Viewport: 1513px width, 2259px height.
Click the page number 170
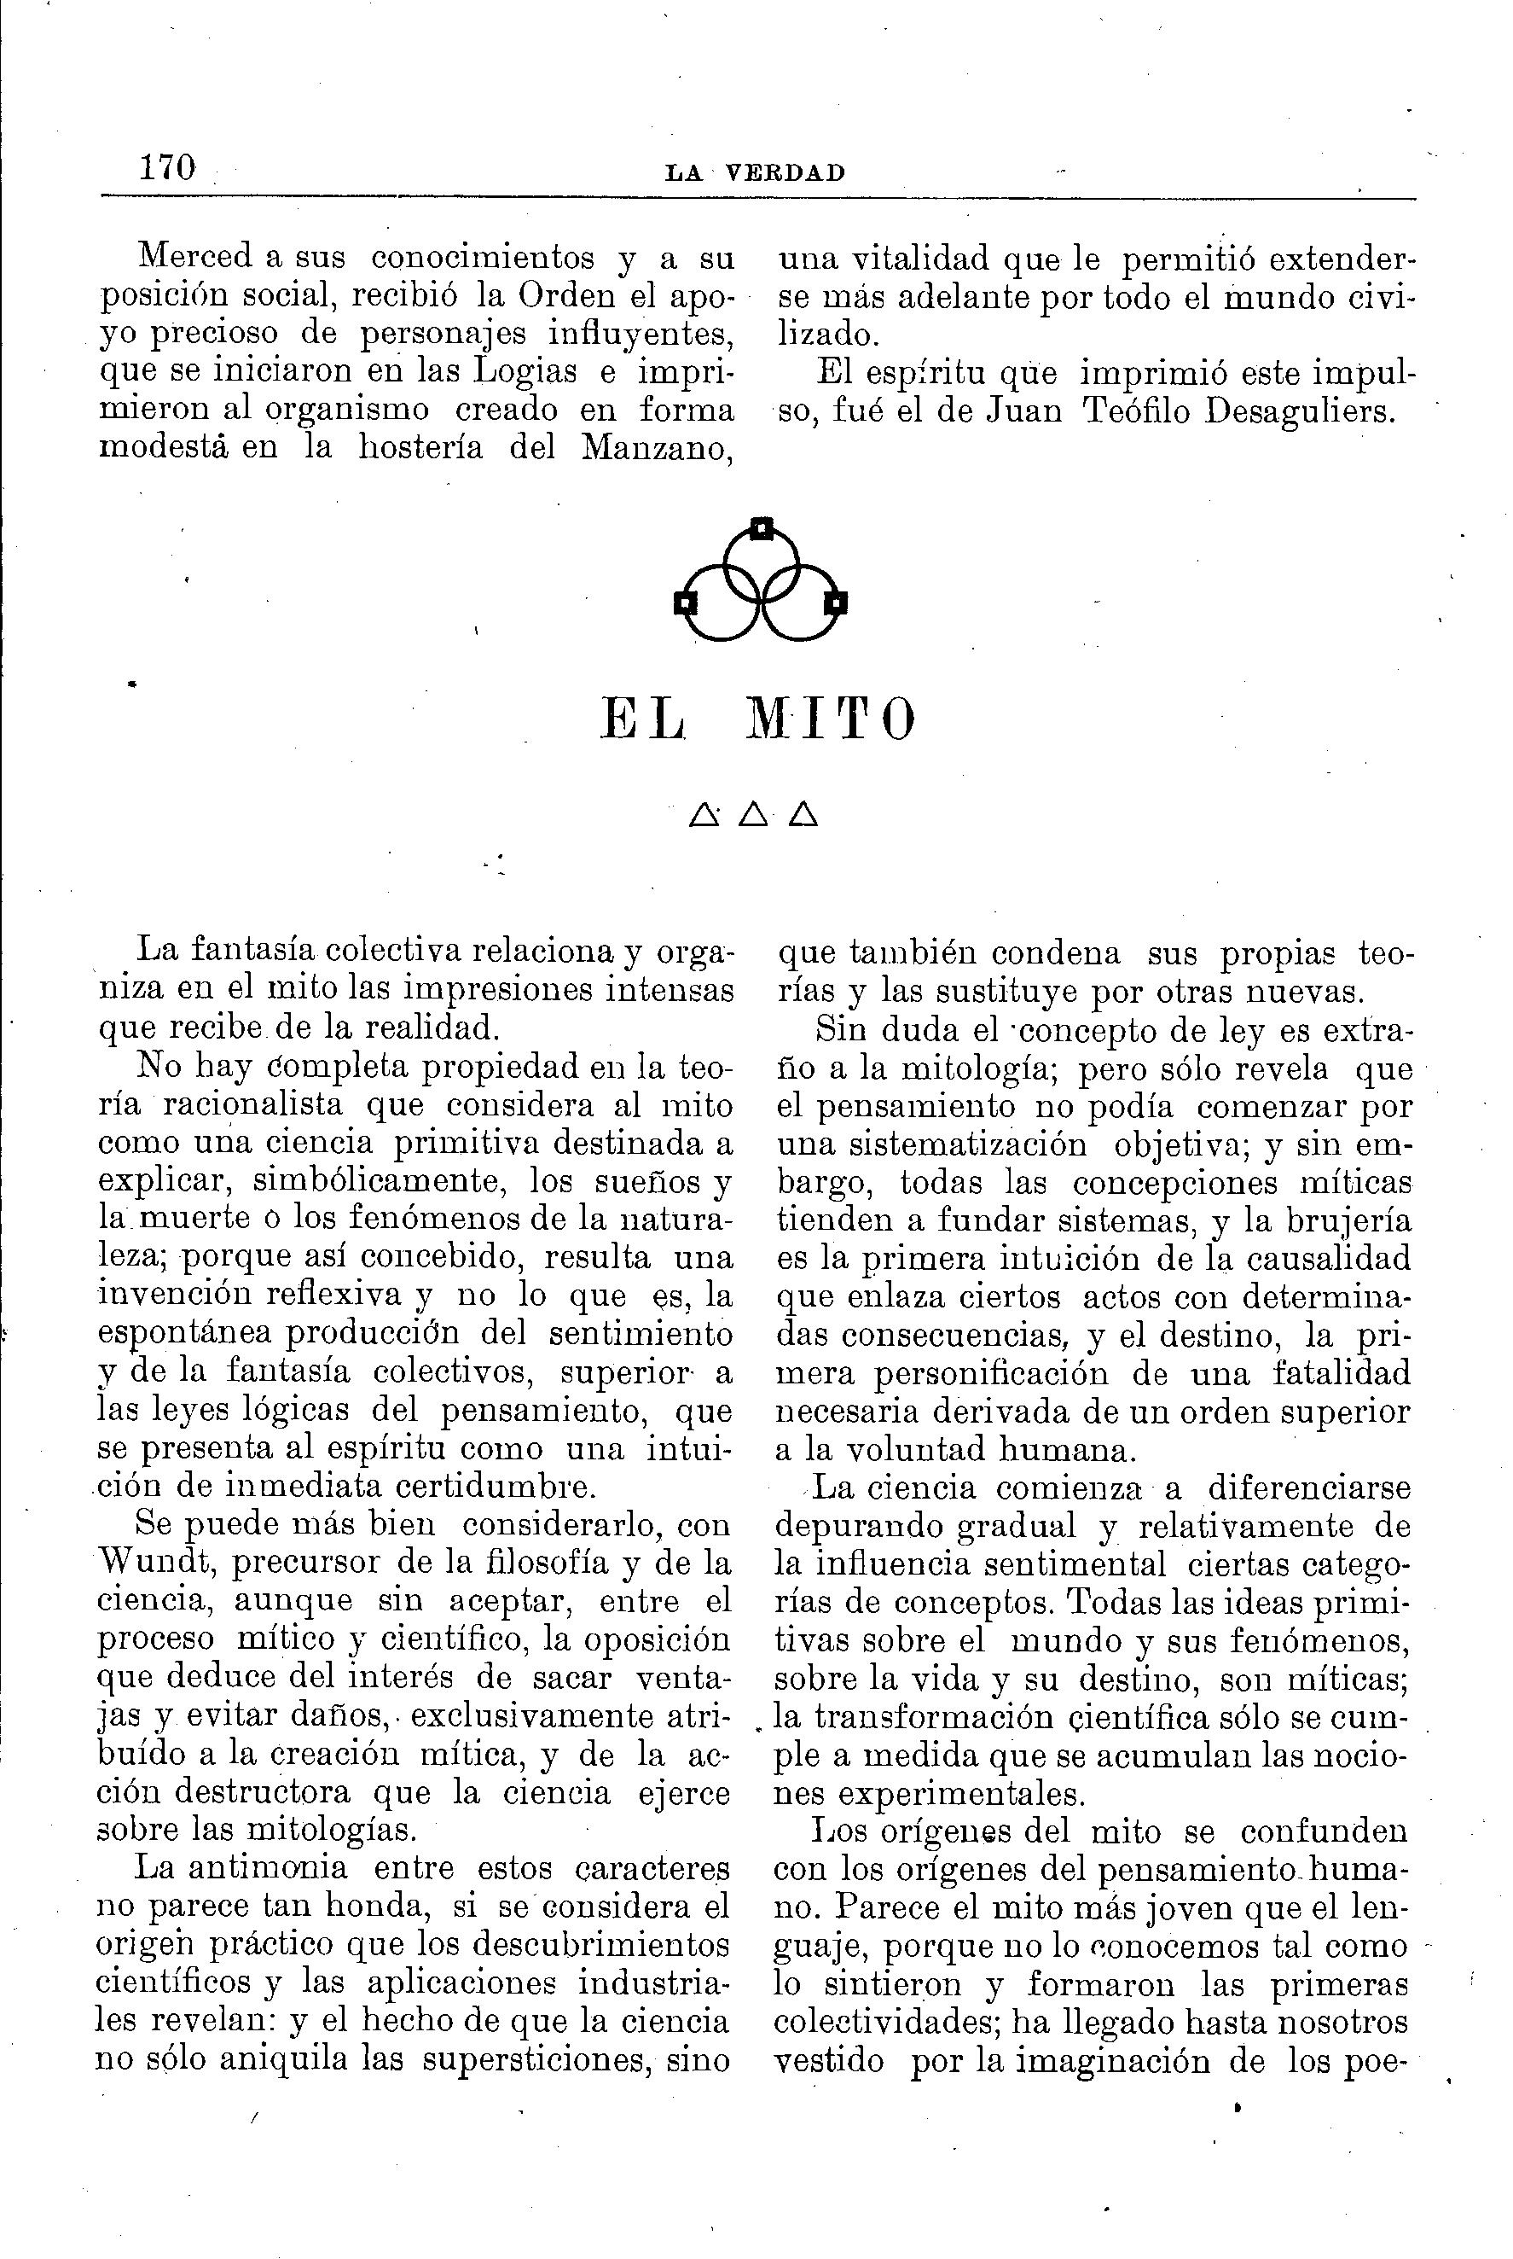click(x=168, y=168)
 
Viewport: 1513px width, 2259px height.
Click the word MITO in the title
click(x=832, y=720)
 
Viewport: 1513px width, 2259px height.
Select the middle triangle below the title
click(x=755, y=816)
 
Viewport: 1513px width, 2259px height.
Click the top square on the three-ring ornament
click(x=762, y=529)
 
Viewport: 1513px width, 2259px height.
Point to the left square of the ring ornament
click(x=685, y=603)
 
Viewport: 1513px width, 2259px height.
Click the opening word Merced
click(x=196, y=256)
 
